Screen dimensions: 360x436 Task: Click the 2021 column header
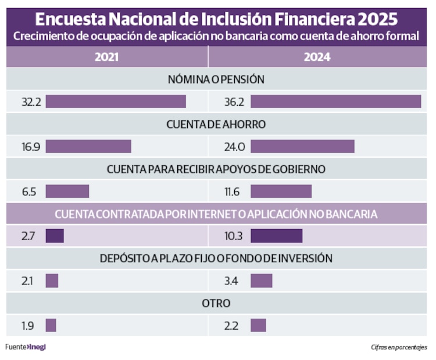coord(106,58)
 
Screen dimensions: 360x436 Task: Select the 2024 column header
coord(317,58)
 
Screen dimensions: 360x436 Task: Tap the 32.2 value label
coord(30,102)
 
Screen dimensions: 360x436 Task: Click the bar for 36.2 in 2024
coord(335,101)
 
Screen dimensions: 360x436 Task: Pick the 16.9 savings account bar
coord(88,147)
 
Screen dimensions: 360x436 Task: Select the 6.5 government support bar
coord(67,191)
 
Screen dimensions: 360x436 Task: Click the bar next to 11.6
coord(281,191)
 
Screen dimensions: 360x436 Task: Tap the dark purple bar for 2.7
coord(55,236)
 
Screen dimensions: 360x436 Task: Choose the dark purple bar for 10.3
coord(276,236)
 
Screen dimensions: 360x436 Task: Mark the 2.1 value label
coord(27,281)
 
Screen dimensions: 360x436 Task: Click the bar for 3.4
coord(262,281)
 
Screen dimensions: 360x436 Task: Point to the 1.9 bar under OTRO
coord(51,325)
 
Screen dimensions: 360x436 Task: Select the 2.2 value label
coord(233,326)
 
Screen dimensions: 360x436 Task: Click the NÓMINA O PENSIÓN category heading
coord(216,79)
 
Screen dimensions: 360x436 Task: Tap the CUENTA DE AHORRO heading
coord(216,124)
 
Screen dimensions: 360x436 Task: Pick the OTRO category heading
coord(216,303)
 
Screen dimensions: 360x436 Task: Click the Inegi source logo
coord(37,347)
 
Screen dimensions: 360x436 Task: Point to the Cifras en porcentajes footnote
coord(399,348)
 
